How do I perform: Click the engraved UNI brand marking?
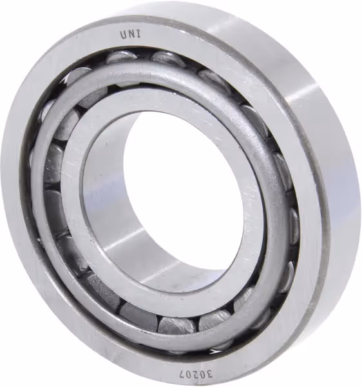[x=131, y=35]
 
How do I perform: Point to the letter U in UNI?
[x=124, y=35]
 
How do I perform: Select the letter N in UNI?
[x=131, y=35]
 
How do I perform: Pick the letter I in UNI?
[x=139, y=34]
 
